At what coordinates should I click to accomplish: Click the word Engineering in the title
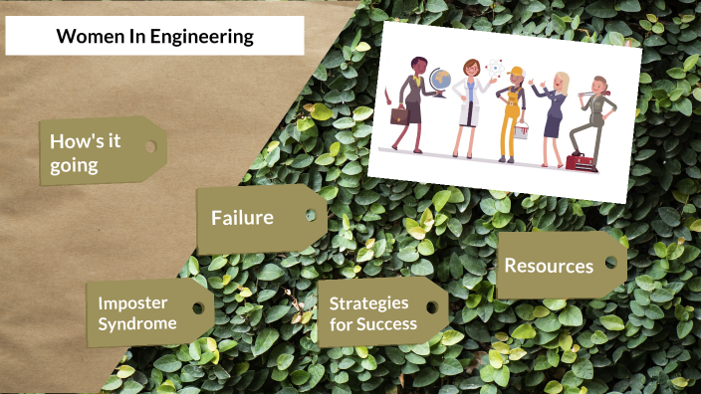tap(203, 38)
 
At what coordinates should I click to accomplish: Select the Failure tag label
tap(242, 217)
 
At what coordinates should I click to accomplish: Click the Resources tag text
tap(549, 266)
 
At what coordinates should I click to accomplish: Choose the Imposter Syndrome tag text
tap(137, 312)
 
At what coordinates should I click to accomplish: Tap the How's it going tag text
tap(86, 152)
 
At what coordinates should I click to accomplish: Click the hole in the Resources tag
tap(609, 264)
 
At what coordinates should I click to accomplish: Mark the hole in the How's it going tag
tap(150, 146)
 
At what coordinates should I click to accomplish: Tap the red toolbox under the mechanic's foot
tap(577, 160)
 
